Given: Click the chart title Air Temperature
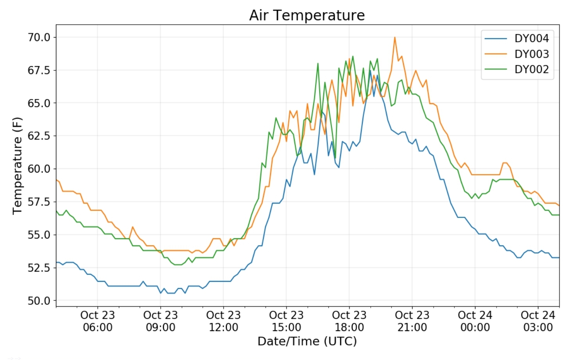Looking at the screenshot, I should (x=307, y=15).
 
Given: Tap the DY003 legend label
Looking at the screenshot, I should (x=531, y=54).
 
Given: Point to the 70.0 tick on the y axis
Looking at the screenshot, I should (x=39, y=38).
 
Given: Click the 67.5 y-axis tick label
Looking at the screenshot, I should (x=39, y=70).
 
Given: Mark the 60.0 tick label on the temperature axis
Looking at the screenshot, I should (x=39, y=169).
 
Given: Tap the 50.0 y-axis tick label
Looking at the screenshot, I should (x=39, y=301).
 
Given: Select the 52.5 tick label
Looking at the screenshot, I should (x=39, y=268).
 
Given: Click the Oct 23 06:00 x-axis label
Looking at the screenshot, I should (x=98, y=321).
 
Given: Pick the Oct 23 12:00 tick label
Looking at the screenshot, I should (x=223, y=321).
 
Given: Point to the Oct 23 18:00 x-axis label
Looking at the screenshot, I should (x=349, y=321).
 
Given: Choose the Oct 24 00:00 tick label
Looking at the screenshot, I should (x=475, y=321).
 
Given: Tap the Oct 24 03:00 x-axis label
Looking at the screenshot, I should (x=538, y=321).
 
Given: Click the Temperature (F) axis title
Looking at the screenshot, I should (x=17, y=166).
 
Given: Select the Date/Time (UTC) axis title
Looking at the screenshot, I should (x=307, y=341).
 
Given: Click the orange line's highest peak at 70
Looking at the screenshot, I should (x=395, y=38).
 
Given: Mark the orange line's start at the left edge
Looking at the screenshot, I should (x=57, y=180).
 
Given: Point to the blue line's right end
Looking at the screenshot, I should (x=559, y=257).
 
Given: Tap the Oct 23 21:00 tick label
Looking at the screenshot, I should (x=412, y=321).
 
